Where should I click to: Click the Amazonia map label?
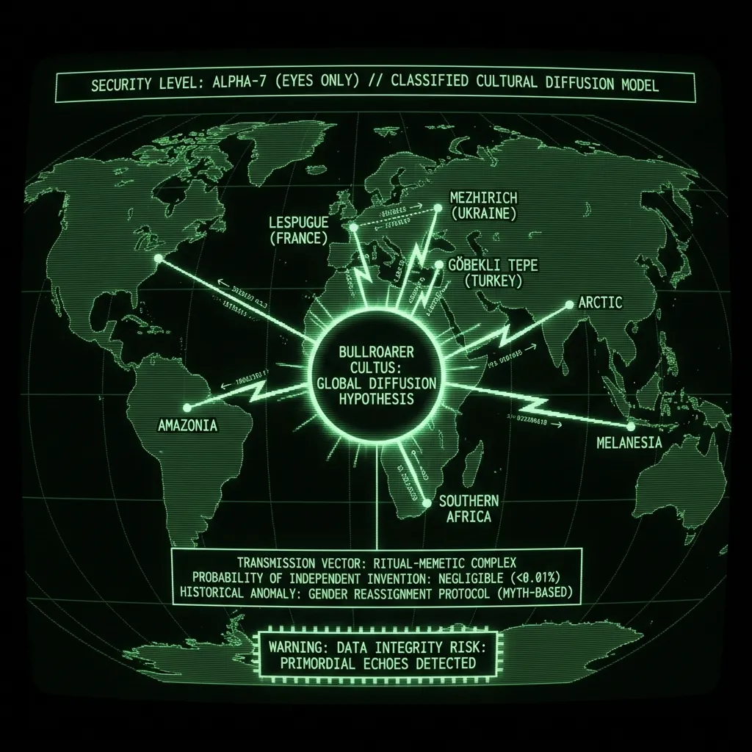(x=187, y=425)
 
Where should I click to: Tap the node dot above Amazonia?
(x=187, y=407)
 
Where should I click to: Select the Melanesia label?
(x=629, y=443)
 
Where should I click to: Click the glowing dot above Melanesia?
(x=630, y=426)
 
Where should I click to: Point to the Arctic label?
(x=600, y=302)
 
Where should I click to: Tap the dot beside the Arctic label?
(x=570, y=304)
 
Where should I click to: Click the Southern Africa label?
(x=469, y=508)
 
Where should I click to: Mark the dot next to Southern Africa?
(x=427, y=503)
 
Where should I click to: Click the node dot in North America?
(x=157, y=258)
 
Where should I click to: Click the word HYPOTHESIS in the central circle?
(x=377, y=399)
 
